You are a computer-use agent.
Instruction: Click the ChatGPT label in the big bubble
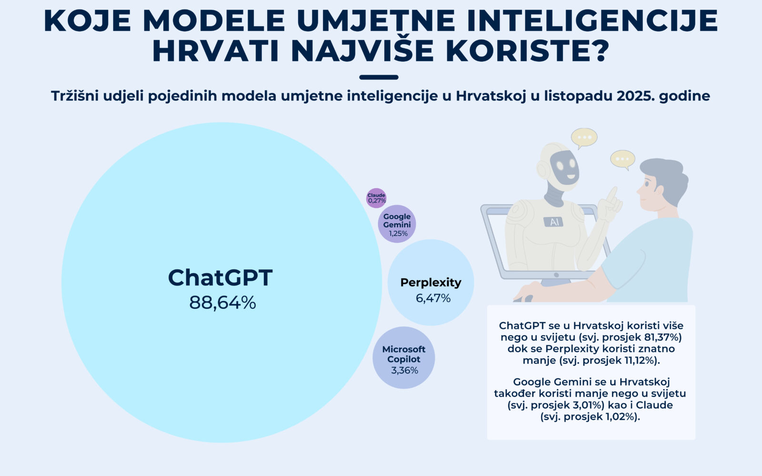point(220,278)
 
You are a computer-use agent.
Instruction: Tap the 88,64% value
point(222,303)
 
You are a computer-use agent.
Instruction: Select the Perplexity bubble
point(431,282)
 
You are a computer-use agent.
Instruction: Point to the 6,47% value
point(433,298)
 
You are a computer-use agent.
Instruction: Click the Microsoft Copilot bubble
point(404,357)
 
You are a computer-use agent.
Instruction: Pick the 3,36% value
point(404,370)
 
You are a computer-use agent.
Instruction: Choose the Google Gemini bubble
point(397,224)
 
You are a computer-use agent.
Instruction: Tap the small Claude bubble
point(376,198)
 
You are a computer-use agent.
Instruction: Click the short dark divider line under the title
point(379,77)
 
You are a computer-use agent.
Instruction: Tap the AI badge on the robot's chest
point(553,222)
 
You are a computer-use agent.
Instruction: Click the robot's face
point(563,167)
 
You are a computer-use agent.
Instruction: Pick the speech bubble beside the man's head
point(622,159)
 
